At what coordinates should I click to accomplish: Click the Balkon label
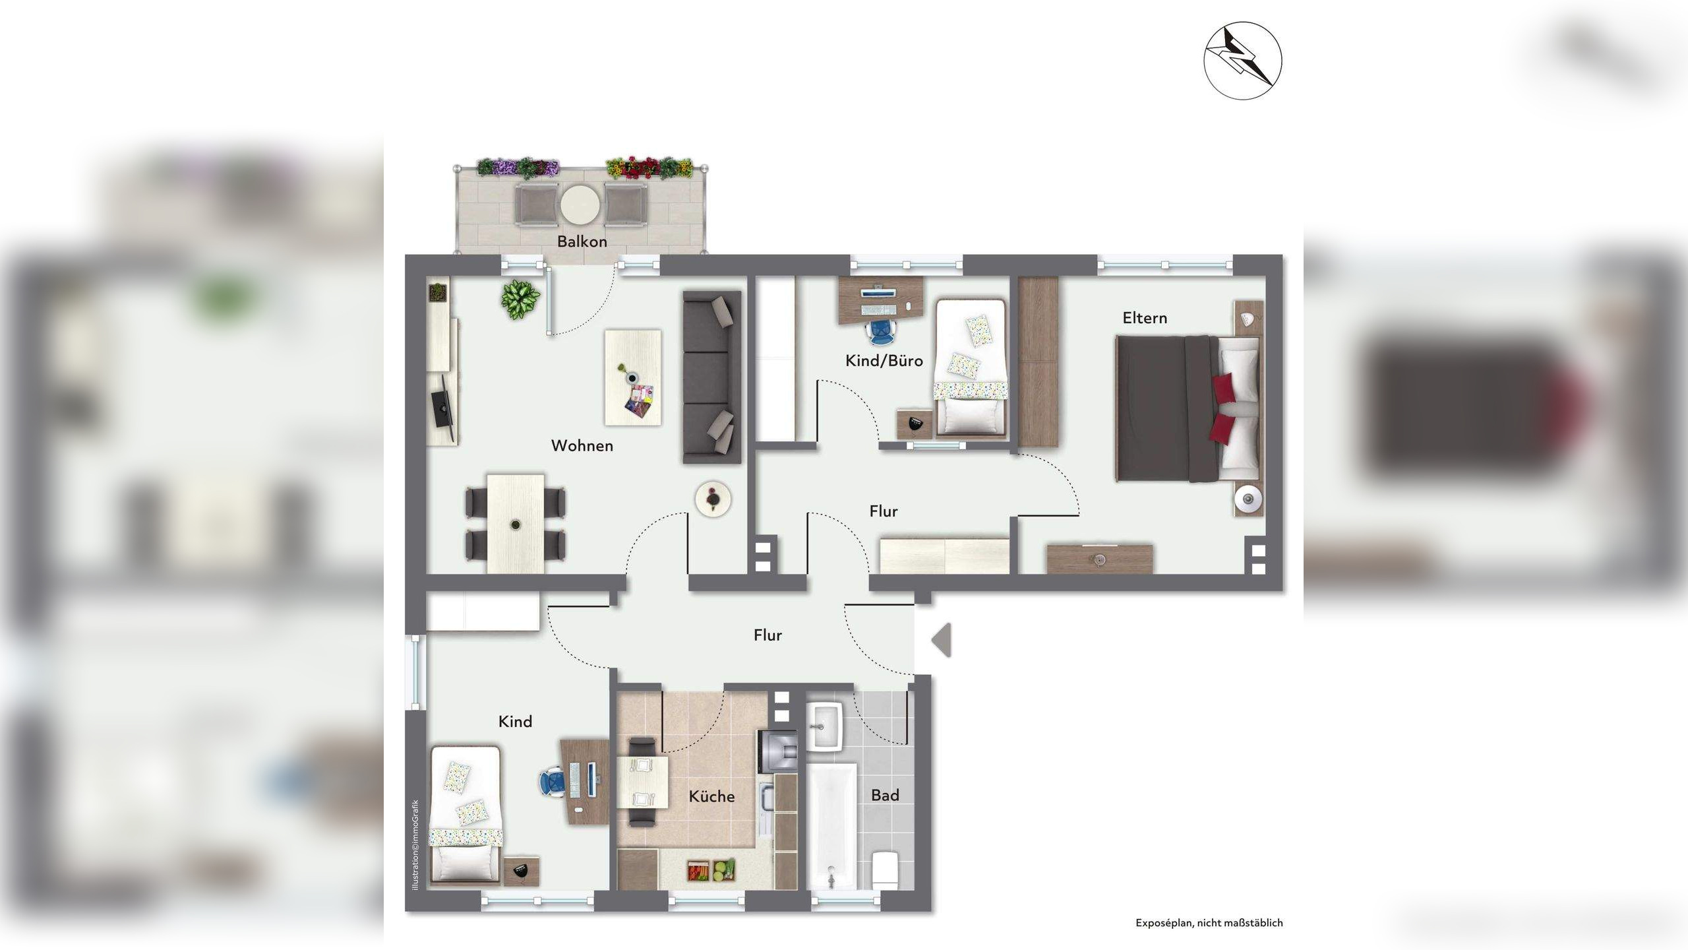(582, 241)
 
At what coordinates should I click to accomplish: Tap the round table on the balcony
(580, 204)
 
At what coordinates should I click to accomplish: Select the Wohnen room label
(582, 446)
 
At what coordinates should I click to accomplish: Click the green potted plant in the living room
(520, 300)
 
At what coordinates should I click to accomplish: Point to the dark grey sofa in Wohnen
(712, 377)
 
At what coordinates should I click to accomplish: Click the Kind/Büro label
(884, 361)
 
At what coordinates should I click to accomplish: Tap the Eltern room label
(1145, 318)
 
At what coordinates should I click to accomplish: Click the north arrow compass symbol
(1243, 61)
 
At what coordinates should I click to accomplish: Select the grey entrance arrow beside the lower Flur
(942, 640)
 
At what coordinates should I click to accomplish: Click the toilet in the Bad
(884, 870)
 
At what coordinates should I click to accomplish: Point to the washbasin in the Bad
(825, 726)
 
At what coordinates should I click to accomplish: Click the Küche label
(711, 797)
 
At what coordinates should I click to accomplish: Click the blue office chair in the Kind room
(552, 783)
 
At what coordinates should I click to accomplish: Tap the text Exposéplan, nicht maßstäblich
(1209, 923)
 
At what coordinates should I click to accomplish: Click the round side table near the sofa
(713, 499)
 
